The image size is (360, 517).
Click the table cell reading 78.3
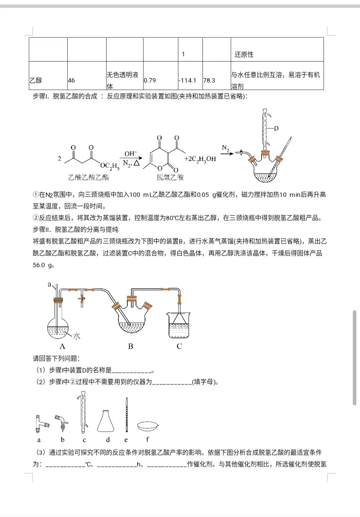click(x=209, y=80)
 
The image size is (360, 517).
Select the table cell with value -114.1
click(x=187, y=80)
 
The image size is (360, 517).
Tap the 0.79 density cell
click(x=150, y=80)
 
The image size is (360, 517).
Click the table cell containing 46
click(x=71, y=80)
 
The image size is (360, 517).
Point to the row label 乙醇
click(x=36, y=80)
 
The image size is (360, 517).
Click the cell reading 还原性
click(x=244, y=54)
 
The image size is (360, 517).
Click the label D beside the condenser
click(x=276, y=128)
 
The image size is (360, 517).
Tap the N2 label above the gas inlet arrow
click(x=226, y=148)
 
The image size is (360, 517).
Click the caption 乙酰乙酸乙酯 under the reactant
click(x=88, y=177)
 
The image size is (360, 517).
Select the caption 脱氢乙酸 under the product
click(x=170, y=177)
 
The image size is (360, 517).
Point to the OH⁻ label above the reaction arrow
click(x=131, y=154)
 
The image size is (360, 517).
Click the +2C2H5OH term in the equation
click(x=200, y=159)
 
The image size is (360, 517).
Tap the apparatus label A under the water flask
click(x=62, y=346)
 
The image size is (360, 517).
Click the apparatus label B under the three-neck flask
click(x=131, y=346)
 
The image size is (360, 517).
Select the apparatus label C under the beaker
click(x=179, y=346)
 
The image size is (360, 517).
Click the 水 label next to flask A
click(x=77, y=336)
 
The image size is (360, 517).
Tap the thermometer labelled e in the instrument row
click(x=126, y=415)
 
